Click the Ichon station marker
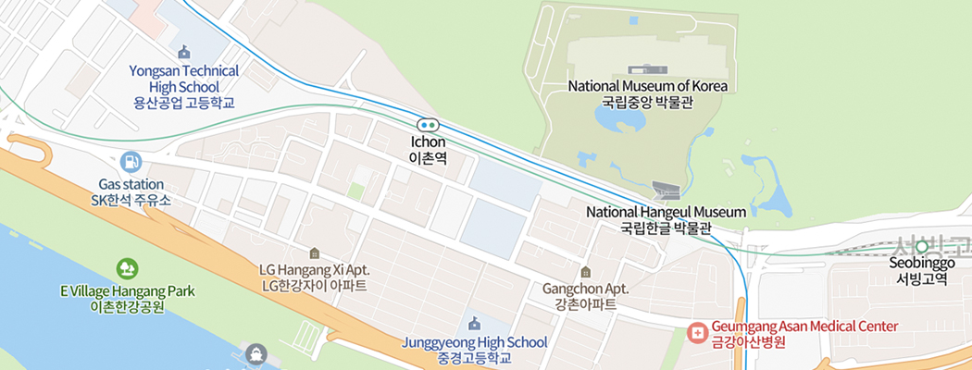point(427,125)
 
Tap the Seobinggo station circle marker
point(922,247)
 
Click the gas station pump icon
point(131,162)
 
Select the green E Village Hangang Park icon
point(128,269)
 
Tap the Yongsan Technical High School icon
point(184,52)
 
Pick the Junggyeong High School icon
point(475,323)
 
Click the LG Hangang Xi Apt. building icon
point(315,253)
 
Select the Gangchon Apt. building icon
point(585,272)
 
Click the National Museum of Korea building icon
point(647,69)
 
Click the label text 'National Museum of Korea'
point(648,86)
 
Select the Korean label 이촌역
point(429,158)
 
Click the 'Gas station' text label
point(131,184)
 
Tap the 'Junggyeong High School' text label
point(475,342)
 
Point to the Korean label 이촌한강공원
point(128,306)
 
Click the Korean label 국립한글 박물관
point(666,228)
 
